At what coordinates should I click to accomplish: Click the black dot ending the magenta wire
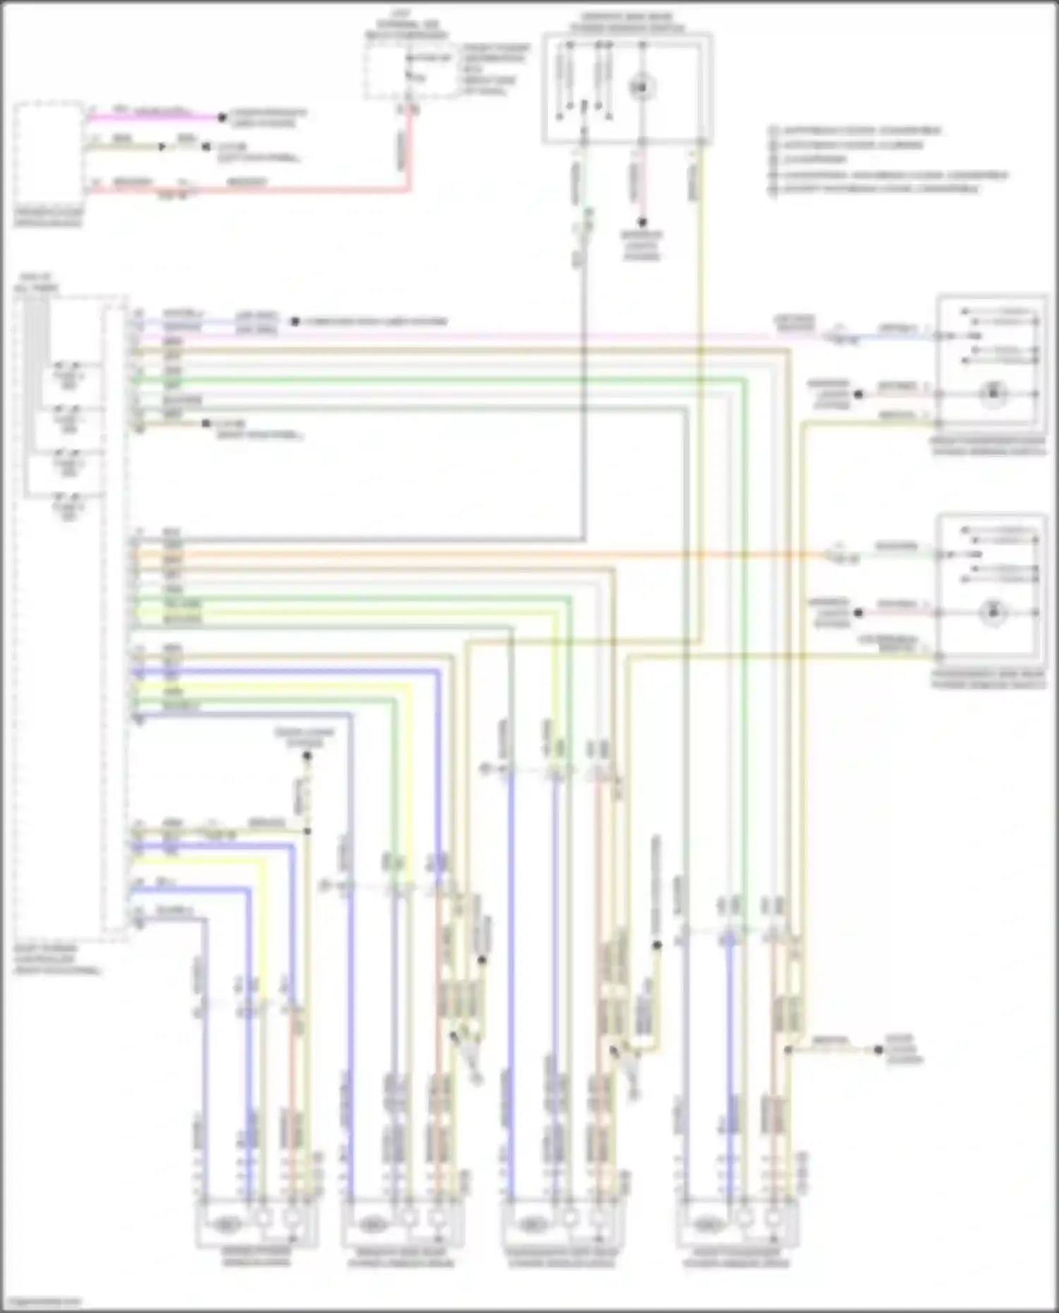pyautogui.click(x=222, y=117)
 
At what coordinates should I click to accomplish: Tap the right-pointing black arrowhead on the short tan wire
pyautogui.click(x=163, y=147)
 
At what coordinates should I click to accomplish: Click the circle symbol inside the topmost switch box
pyautogui.click(x=642, y=87)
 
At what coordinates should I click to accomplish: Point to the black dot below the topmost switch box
pyautogui.click(x=642, y=222)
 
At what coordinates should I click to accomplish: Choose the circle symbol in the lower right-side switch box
pyautogui.click(x=993, y=612)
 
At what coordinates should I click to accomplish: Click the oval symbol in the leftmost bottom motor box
pyautogui.click(x=225, y=1226)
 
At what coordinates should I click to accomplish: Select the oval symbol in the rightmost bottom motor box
pyautogui.click(x=707, y=1226)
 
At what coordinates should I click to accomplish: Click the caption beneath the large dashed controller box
pyautogui.click(x=56, y=960)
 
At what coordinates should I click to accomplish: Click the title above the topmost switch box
pyautogui.click(x=626, y=23)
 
